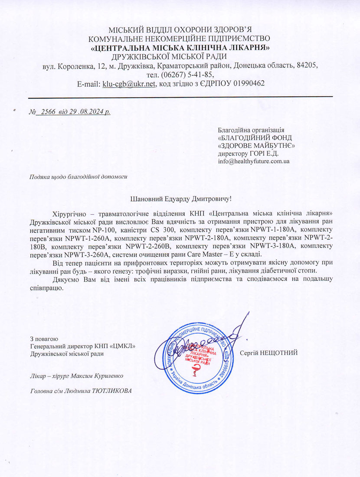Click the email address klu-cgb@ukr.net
coord(129,83)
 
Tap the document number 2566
coord(48,111)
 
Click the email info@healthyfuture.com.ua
coord(254,161)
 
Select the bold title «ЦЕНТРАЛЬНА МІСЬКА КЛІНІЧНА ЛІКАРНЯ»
coord(180,48)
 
